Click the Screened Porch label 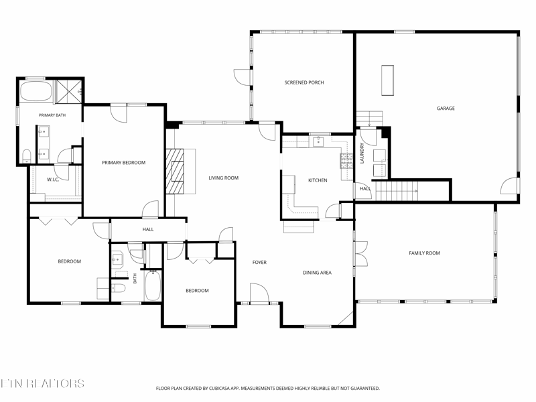coord(304,82)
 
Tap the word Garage coord(446,109)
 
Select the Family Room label coord(424,253)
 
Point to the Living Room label coord(224,178)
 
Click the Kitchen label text coord(318,180)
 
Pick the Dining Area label coord(317,273)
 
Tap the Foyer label coord(259,262)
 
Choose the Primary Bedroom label coord(123,162)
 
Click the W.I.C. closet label coord(53,180)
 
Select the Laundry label coord(362,153)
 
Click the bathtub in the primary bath coord(36,91)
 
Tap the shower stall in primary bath coord(69,91)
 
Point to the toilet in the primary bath coord(27,156)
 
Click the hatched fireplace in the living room coord(175,172)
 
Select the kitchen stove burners coord(346,161)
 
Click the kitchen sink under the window coord(319,141)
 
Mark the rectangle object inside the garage coord(387,80)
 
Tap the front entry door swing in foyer coord(259,293)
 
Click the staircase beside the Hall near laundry coord(397,191)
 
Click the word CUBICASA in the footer coord(224,389)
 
